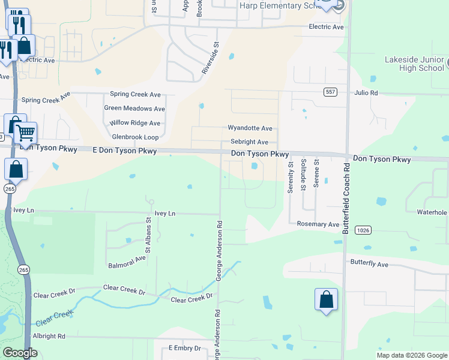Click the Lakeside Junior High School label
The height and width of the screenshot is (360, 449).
[415, 64]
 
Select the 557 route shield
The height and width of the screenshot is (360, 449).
[330, 92]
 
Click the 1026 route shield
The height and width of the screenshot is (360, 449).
[362, 230]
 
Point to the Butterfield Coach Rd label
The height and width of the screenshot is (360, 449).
[345, 199]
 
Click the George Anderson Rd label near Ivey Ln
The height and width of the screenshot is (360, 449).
[220, 252]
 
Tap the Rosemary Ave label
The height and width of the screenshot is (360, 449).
[318, 224]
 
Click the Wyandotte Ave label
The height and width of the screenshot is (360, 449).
[250, 128]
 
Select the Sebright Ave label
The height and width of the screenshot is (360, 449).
[249, 142]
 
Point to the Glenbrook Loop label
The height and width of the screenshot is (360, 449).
[135, 137]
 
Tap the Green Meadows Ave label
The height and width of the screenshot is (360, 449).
[134, 109]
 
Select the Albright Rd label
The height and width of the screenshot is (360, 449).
[49, 337]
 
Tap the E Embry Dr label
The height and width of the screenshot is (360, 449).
[188, 348]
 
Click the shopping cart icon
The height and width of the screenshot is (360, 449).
[26, 133]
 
